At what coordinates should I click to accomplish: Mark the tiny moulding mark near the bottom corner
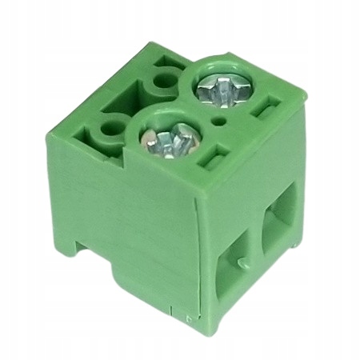coord(189,318)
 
